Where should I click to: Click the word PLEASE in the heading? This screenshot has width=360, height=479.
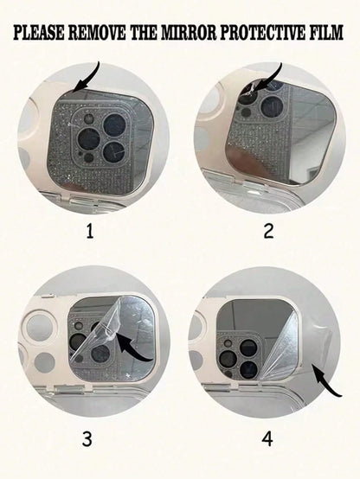tap(39, 33)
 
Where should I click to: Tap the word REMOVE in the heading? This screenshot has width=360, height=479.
tap(97, 33)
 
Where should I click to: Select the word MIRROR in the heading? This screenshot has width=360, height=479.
tap(189, 33)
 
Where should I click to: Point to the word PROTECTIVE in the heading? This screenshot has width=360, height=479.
tap(262, 33)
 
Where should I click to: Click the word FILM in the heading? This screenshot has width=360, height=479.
tap(326, 33)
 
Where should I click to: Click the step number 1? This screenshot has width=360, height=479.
tap(90, 231)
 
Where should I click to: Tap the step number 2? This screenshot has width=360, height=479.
tap(268, 231)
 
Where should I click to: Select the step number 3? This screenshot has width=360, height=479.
tap(87, 439)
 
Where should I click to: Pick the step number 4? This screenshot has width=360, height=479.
tap(267, 439)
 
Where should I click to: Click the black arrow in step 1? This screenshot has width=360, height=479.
tap(91, 80)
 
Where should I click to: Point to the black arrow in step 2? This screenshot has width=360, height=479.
tap(270, 80)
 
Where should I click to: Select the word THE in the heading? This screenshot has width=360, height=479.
tap(143, 33)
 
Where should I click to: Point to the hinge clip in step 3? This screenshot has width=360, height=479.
tap(71, 388)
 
